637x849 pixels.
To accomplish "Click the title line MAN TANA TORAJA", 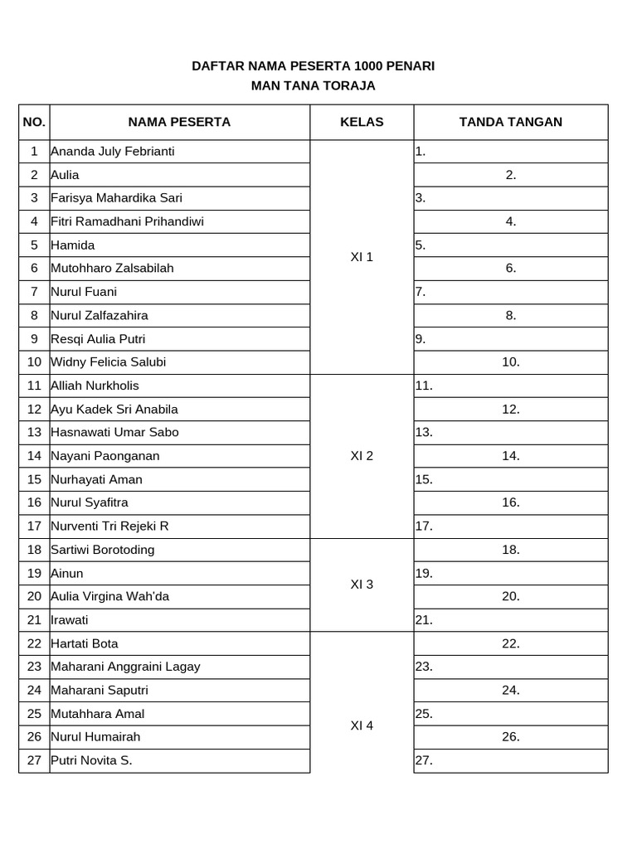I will coord(314,85).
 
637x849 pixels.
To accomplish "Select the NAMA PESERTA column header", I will coord(179,122).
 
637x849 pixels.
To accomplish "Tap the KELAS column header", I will coord(362,122).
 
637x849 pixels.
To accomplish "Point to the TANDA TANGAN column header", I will coord(510,122).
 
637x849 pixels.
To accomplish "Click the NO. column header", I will coord(34,122).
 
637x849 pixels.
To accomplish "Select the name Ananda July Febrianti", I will coord(113,152).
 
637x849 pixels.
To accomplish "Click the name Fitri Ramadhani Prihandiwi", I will coord(127,221).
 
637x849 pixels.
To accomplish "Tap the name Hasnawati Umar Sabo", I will coord(114,432).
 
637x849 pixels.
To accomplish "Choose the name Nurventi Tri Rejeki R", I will coord(109,526).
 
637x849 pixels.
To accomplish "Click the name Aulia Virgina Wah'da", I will coord(110,596).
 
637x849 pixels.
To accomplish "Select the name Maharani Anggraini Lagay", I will coord(125,667).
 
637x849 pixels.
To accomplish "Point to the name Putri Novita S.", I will coord(91,760).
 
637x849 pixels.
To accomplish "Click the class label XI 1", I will coord(362,257).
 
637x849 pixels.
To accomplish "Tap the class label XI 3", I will coord(362,585).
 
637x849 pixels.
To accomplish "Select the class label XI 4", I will coord(362,725).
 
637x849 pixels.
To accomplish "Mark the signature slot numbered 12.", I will coord(511,409).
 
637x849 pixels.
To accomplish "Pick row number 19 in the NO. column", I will coord(34,573).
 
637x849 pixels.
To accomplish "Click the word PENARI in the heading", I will coord(411,65).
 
